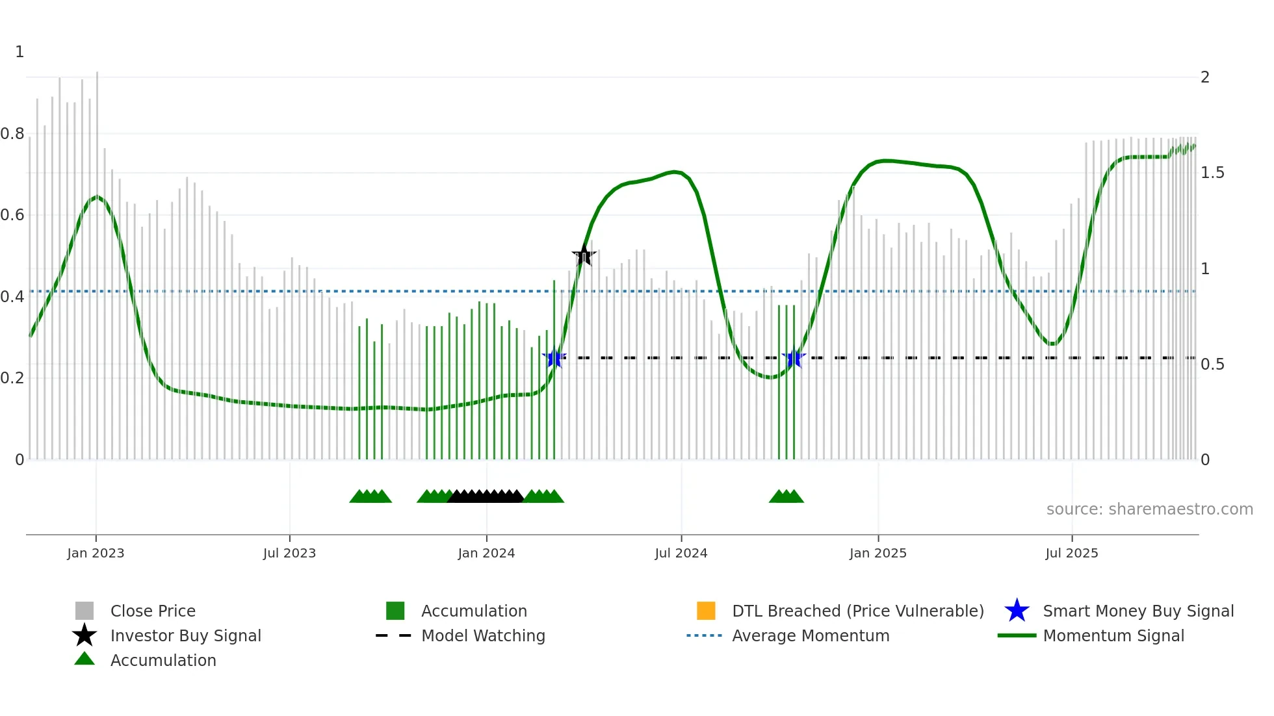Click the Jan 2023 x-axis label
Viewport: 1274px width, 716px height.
click(x=96, y=553)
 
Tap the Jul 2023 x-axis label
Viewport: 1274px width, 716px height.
click(x=289, y=553)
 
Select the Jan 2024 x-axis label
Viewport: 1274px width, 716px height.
click(x=486, y=553)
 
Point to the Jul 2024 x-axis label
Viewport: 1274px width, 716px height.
click(x=681, y=553)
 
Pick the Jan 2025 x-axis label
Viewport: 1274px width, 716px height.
click(x=877, y=553)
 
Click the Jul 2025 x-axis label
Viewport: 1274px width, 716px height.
click(x=1071, y=553)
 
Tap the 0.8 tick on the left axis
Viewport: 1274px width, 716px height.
click(x=12, y=134)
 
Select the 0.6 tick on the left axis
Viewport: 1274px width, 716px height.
click(x=12, y=215)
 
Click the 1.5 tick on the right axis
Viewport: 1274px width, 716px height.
click(x=1212, y=173)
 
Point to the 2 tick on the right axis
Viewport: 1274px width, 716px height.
click(x=1205, y=77)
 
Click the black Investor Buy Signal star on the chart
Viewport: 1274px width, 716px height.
click(x=584, y=255)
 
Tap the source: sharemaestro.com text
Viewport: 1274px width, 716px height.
click(x=1149, y=509)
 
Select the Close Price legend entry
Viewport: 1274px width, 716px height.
click(x=153, y=611)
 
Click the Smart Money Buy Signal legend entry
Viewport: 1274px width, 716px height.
click(x=1137, y=611)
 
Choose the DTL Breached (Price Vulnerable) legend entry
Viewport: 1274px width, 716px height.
click(x=857, y=611)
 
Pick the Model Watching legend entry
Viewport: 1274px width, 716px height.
click(x=482, y=635)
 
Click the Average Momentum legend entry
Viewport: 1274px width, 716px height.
click(x=810, y=635)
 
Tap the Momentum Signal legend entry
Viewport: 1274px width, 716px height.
click(x=1113, y=635)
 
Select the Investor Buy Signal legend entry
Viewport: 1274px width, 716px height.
click(x=185, y=635)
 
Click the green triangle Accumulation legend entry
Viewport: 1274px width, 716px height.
click(x=162, y=660)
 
